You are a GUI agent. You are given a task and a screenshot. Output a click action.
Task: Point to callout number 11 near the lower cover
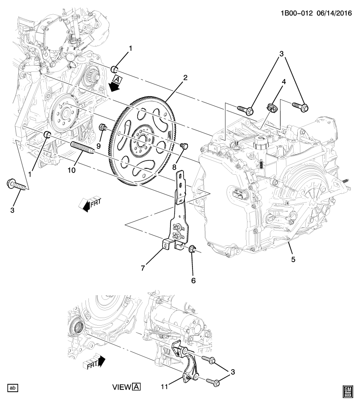click(x=164, y=386)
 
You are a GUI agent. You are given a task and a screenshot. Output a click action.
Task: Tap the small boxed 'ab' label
click(x=13, y=387)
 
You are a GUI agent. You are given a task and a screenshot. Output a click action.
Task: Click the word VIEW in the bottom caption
click(x=122, y=387)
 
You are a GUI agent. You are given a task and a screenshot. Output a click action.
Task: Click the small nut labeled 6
click(x=192, y=250)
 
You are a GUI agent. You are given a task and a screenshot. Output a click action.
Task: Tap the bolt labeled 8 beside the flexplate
click(x=184, y=146)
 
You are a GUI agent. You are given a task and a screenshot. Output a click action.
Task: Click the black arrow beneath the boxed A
click(x=113, y=86)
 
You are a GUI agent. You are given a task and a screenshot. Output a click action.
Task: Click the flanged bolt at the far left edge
click(x=14, y=184)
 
